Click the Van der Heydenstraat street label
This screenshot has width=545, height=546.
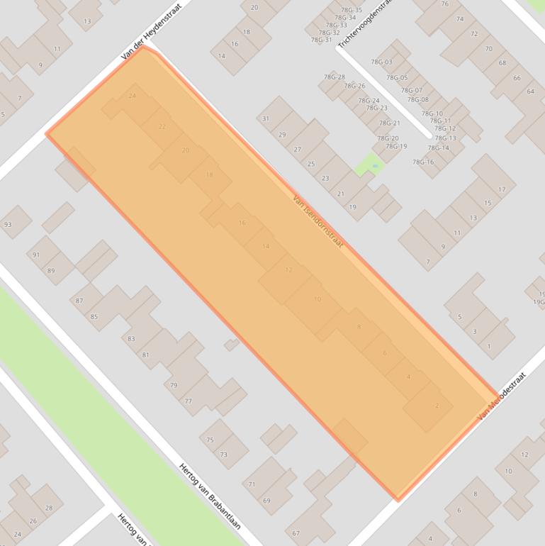[151, 30]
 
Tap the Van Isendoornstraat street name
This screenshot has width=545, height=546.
[318, 222]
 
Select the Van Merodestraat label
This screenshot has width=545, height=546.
[502, 396]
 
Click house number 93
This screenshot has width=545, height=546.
[8, 225]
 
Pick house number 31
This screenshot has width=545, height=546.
[266, 118]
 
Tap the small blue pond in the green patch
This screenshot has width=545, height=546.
[374, 167]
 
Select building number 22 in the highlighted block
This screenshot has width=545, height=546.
[162, 127]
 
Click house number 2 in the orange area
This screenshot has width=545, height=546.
[437, 406]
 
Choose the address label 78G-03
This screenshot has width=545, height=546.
[381, 62]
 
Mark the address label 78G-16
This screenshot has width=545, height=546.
[423, 162]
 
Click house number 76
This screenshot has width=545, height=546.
[444, 4]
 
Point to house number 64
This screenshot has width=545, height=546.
[530, 91]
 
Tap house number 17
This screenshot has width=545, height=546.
[502, 189]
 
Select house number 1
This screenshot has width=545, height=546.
[489, 346]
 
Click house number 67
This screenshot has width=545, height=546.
[296, 533]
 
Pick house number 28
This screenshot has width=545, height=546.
[49, 508]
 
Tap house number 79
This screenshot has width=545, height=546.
[174, 386]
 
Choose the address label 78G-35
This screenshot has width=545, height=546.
[352, 10]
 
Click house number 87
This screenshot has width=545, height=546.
[79, 301]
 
